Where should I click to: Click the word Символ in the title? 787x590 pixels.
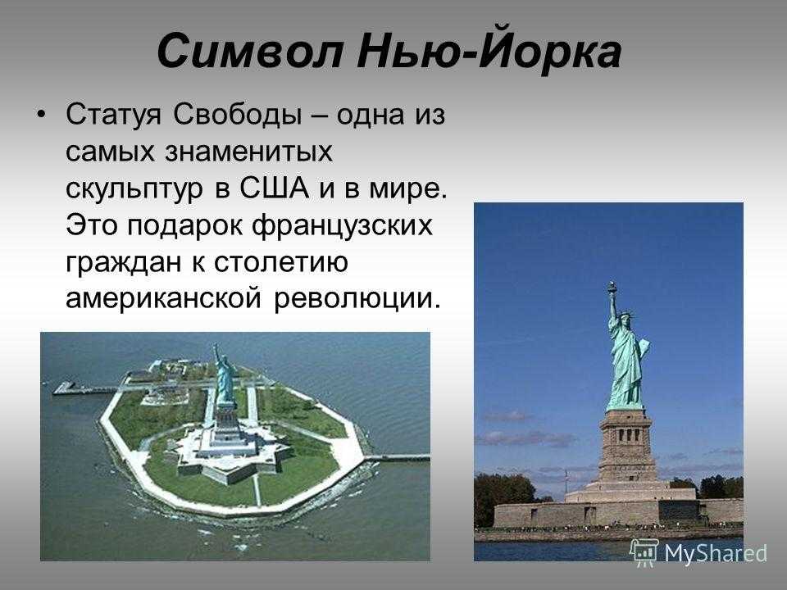point(250,51)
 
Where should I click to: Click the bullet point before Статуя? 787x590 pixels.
point(42,115)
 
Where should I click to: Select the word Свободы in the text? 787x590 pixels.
point(238,115)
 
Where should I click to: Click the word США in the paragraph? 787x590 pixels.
point(274,188)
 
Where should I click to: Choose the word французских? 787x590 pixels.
point(342,225)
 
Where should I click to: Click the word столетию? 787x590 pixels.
point(281,262)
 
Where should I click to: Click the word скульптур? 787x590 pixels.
point(134,189)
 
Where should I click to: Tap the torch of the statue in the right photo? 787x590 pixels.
point(612,288)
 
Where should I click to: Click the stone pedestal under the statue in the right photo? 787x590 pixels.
point(628,446)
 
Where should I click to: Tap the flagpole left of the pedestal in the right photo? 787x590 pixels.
point(566,483)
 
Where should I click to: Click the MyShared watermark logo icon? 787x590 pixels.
point(644,552)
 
